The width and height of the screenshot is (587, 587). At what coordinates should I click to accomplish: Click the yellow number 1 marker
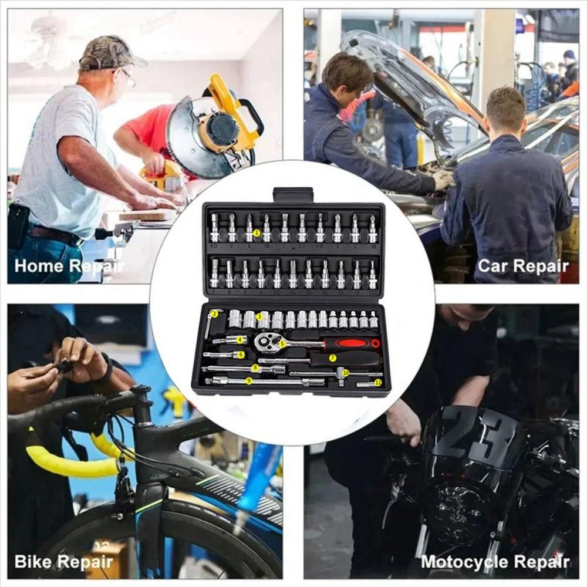(257, 233)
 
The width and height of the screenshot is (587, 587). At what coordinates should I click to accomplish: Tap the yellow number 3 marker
(259, 317)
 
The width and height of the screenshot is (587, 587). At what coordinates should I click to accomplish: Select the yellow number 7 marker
(333, 357)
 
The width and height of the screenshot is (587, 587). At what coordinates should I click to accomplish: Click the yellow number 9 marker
(249, 381)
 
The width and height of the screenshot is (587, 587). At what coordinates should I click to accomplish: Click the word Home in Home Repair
(38, 266)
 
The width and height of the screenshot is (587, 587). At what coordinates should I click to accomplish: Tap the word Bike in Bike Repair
(33, 561)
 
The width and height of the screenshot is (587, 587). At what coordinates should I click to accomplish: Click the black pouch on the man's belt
(18, 227)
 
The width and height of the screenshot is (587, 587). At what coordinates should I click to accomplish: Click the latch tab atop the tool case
(293, 194)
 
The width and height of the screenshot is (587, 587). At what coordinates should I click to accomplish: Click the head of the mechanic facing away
(504, 108)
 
